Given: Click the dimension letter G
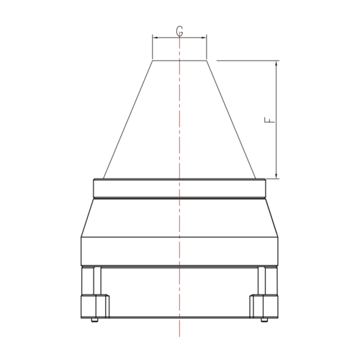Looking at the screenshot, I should (179, 31).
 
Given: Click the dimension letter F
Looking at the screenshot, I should (269, 120).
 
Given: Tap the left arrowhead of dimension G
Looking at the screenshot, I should (154, 38).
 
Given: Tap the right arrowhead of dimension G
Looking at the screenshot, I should (205, 38).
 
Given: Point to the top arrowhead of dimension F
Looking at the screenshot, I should (276, 63).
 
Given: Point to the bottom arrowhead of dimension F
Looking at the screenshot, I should (276, 175).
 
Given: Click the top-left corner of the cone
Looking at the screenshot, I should (153, 60).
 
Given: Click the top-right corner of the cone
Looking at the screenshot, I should (207, 60).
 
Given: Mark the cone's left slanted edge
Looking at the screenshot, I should (129, 119).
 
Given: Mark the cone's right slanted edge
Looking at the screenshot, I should (231, 119).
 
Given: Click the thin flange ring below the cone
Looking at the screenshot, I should (179, 188).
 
